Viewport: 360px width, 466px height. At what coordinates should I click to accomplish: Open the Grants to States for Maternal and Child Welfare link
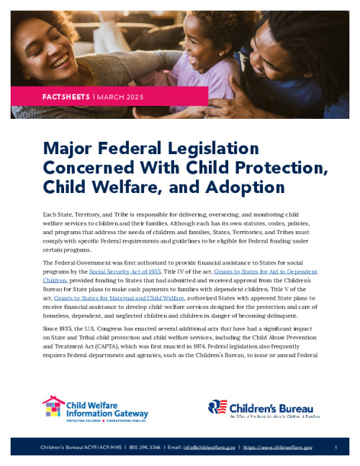click(x=119, y=295)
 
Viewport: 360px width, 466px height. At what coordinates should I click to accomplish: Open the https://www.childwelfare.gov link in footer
click(x=279, y=447)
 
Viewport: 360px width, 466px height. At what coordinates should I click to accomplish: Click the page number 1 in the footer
click(x=336, y=447)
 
